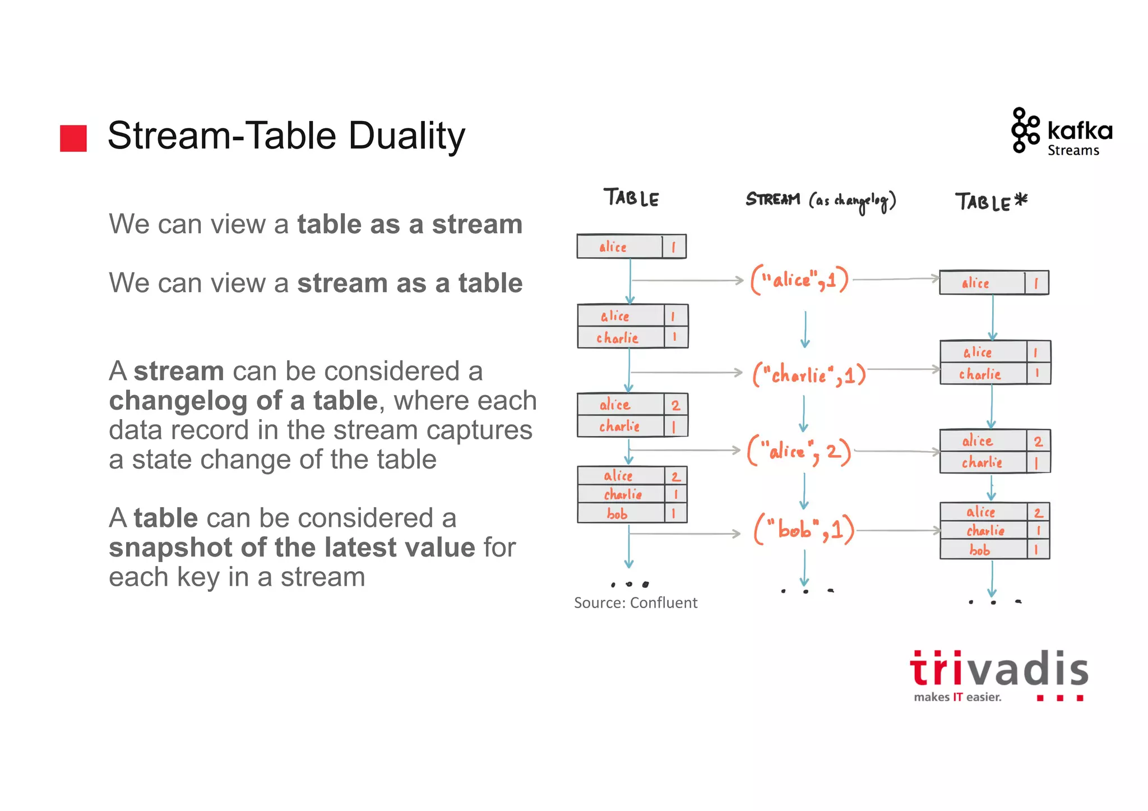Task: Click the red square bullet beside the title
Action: (73, 138)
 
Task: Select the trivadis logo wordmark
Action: (999, 669)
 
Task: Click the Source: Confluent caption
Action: (635, 603)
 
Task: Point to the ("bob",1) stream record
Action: (804, 529)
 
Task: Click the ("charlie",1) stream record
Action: (809, 374)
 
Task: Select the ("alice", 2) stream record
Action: (799, 451)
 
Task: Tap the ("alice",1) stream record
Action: (800, 279)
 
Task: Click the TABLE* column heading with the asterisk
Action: (991, 202)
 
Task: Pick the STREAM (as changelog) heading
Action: (820, 201)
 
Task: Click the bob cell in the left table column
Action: (617, 513)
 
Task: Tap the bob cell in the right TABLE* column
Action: (980, 550)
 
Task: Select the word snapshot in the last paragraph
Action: (170, 548)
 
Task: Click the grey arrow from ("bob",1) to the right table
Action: (898, 530)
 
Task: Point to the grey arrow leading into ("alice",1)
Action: (687, 280)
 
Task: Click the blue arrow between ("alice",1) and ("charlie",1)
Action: (805, 329)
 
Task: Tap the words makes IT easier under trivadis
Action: (957, 697)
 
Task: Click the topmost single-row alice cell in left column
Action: (613, 247)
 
